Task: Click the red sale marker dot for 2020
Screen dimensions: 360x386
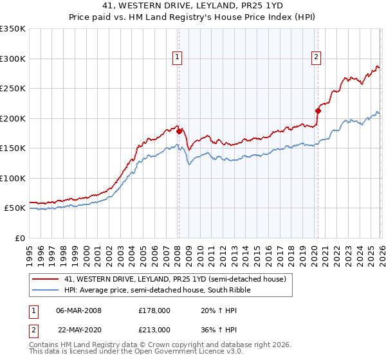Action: point(317,111)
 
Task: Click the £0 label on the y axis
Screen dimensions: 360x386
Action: point(19,238)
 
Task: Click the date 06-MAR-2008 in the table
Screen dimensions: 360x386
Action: point(78,310)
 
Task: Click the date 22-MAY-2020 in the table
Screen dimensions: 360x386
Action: point(78,328)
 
